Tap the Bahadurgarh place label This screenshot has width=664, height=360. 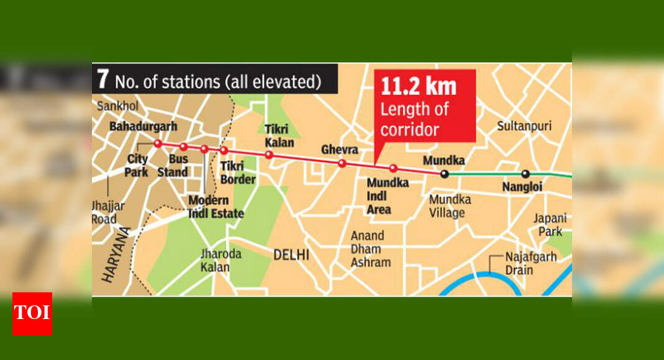coord(143,127)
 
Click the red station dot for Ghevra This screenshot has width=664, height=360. coord(342,163)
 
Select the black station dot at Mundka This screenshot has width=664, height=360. coord(444,174)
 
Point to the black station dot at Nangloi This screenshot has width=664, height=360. coord(525,174)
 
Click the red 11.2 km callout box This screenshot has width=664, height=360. coord(424,106)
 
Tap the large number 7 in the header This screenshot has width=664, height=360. coord(103,81)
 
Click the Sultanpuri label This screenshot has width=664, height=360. coord(524,126)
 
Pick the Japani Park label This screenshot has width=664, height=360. coord(550,225)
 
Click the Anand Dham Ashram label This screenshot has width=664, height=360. coord(371,249)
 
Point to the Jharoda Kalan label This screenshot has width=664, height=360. coord(214,261)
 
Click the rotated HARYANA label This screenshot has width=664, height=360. coord(116,255)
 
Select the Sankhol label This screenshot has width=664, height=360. coord(117,106)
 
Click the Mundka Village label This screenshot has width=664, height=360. coord(449,206)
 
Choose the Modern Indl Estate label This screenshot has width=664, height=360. coord(216,207)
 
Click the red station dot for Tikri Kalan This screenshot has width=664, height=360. coord(269,155)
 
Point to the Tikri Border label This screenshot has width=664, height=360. coord(238,173)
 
